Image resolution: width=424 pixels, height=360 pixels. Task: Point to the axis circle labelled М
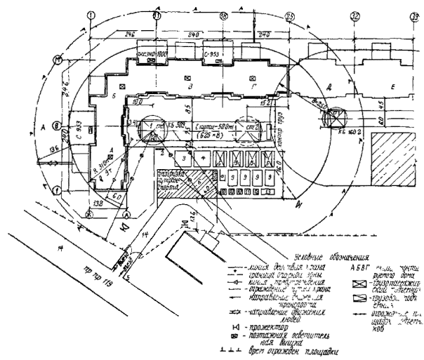click(58, 61)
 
